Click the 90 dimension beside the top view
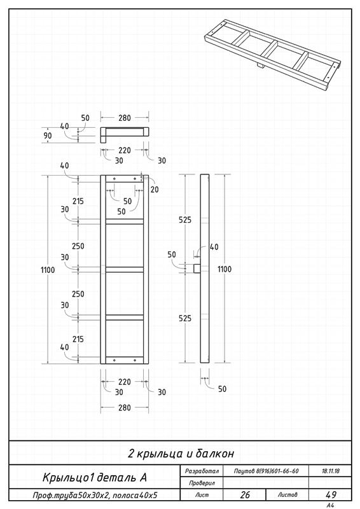[48, 136]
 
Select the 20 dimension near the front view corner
[155, 189]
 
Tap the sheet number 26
[245, 494]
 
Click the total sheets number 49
[331, 494]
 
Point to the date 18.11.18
[331, 471]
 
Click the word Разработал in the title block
[202, 471]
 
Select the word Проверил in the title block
[202, 483]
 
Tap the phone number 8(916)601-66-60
[278, 471]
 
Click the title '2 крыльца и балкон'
[181, 453]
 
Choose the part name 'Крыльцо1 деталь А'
[95, 477]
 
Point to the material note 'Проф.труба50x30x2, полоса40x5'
[95, 496]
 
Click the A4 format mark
[330, 505]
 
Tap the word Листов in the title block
[287, 495]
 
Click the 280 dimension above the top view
[124, 118]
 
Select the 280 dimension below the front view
[124, 408]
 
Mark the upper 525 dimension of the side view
[185, 220]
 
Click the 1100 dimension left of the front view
[48, 270]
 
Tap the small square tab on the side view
[197, 268]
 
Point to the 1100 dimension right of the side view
[225, 268]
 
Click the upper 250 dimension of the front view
[78, 246]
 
